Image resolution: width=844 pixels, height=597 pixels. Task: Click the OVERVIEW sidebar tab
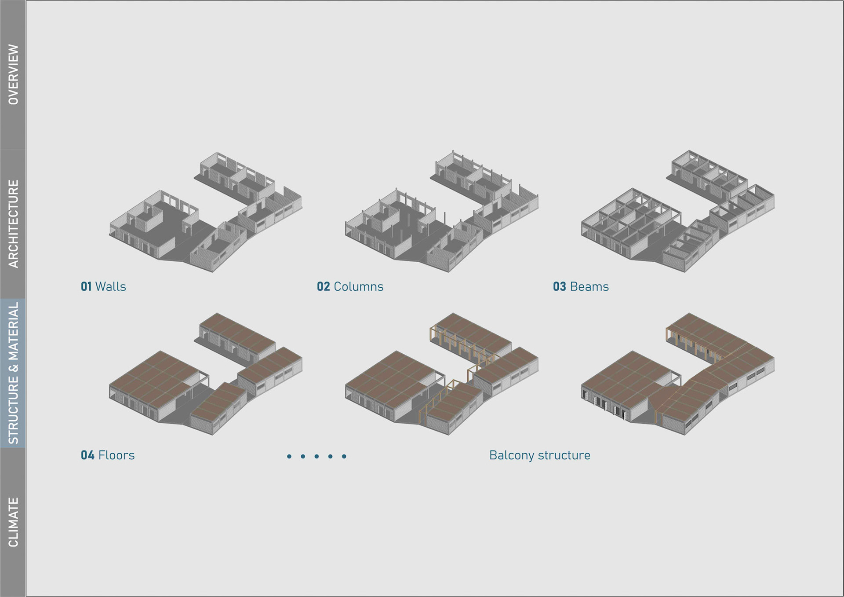coord(13,74)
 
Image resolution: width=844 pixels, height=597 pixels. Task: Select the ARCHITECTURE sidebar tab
coord(13,223)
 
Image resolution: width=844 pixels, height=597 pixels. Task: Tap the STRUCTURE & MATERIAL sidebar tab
coord(13,373)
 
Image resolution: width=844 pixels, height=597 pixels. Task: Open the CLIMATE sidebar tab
coord(13,522)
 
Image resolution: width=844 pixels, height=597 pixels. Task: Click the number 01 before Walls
coord(86,287)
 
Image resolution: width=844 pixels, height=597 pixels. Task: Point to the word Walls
coord(111,287)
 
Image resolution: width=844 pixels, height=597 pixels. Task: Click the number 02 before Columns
coord(323,287)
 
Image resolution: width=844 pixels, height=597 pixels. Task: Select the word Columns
coord(359,287)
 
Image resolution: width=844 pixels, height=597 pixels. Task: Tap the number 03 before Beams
coord(559,287)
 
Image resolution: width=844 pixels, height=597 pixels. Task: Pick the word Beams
coord(589,287)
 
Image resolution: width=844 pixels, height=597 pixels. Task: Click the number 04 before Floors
coord(87,455)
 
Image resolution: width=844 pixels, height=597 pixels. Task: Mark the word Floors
coord(116,455)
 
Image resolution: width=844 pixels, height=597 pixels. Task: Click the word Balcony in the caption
coord(511,455)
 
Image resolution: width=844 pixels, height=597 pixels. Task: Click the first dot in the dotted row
coord(289,457)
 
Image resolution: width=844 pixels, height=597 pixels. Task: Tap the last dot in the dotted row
coord(344,457)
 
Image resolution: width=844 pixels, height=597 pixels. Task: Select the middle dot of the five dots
coord(316,457)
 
